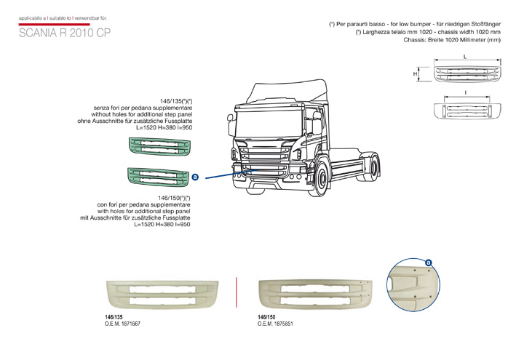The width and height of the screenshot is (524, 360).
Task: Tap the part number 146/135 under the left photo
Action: coord(115,317)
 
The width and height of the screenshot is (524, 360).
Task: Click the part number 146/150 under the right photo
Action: coord(267,317)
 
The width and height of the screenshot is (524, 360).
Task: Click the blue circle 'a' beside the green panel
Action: coord(195,177)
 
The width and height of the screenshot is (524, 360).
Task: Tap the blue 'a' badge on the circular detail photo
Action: coord(429,263)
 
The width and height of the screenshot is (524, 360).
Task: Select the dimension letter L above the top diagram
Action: coord(464,57)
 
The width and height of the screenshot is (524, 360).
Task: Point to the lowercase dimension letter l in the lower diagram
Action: coord(464,94)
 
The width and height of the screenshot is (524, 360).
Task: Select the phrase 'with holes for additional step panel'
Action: coord(144,211)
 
